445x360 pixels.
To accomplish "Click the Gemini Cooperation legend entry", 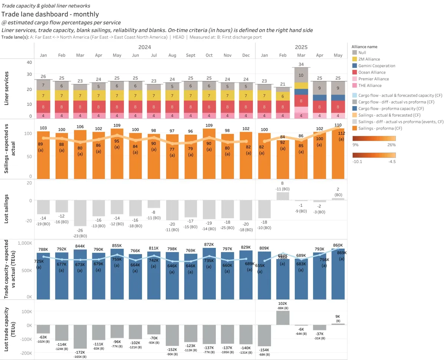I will [377, 66].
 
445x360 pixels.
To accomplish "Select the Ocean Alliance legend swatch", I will [355, 72].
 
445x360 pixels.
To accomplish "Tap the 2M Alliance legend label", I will [369, 59].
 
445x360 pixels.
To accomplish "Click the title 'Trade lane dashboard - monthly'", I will [50, 14].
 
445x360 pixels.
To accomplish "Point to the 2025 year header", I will [301, 47].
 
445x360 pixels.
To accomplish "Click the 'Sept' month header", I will [191, 55].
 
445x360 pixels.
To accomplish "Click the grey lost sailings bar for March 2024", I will [80, 213].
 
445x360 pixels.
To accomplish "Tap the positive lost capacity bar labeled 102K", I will [283, 318].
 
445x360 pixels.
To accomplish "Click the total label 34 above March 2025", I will [301, 65].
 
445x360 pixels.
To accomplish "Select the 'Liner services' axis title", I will [7, 89].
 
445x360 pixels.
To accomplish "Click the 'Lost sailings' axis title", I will [7, 209].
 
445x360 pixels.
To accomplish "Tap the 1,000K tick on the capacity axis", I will [24, 243].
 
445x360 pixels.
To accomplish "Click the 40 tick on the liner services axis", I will [29, 62].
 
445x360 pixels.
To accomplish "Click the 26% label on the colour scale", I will [392, 145].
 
